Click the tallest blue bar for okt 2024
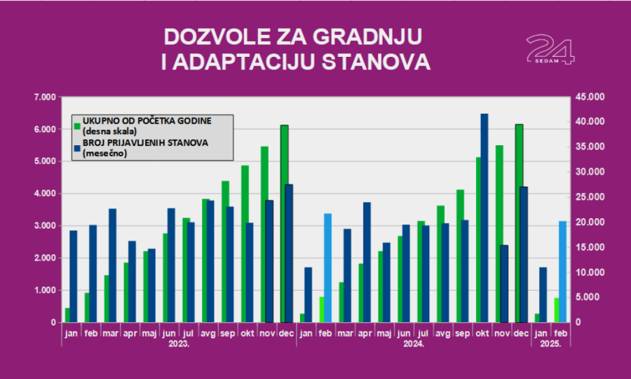tap(484, 218)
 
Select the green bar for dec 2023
tap(285, 223)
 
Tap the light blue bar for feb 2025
tap(562, 272)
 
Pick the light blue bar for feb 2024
tap(327, 267)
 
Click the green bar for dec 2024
tap(519, 223)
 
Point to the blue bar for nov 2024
tap(504, 284)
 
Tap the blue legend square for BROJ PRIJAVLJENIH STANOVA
tap(77, 148)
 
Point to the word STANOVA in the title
tap(375, 62)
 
